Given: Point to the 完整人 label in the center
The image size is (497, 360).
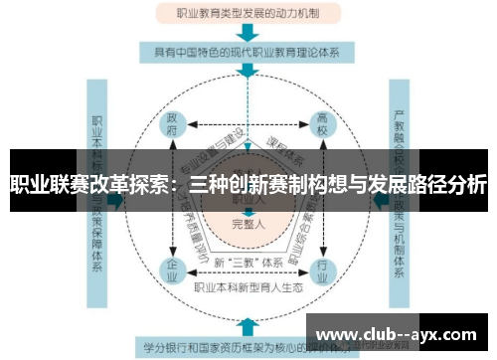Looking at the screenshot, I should [248, 224].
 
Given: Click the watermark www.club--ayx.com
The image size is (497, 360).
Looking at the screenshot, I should [398, 332].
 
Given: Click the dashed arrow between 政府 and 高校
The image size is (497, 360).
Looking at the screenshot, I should [248, 125].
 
